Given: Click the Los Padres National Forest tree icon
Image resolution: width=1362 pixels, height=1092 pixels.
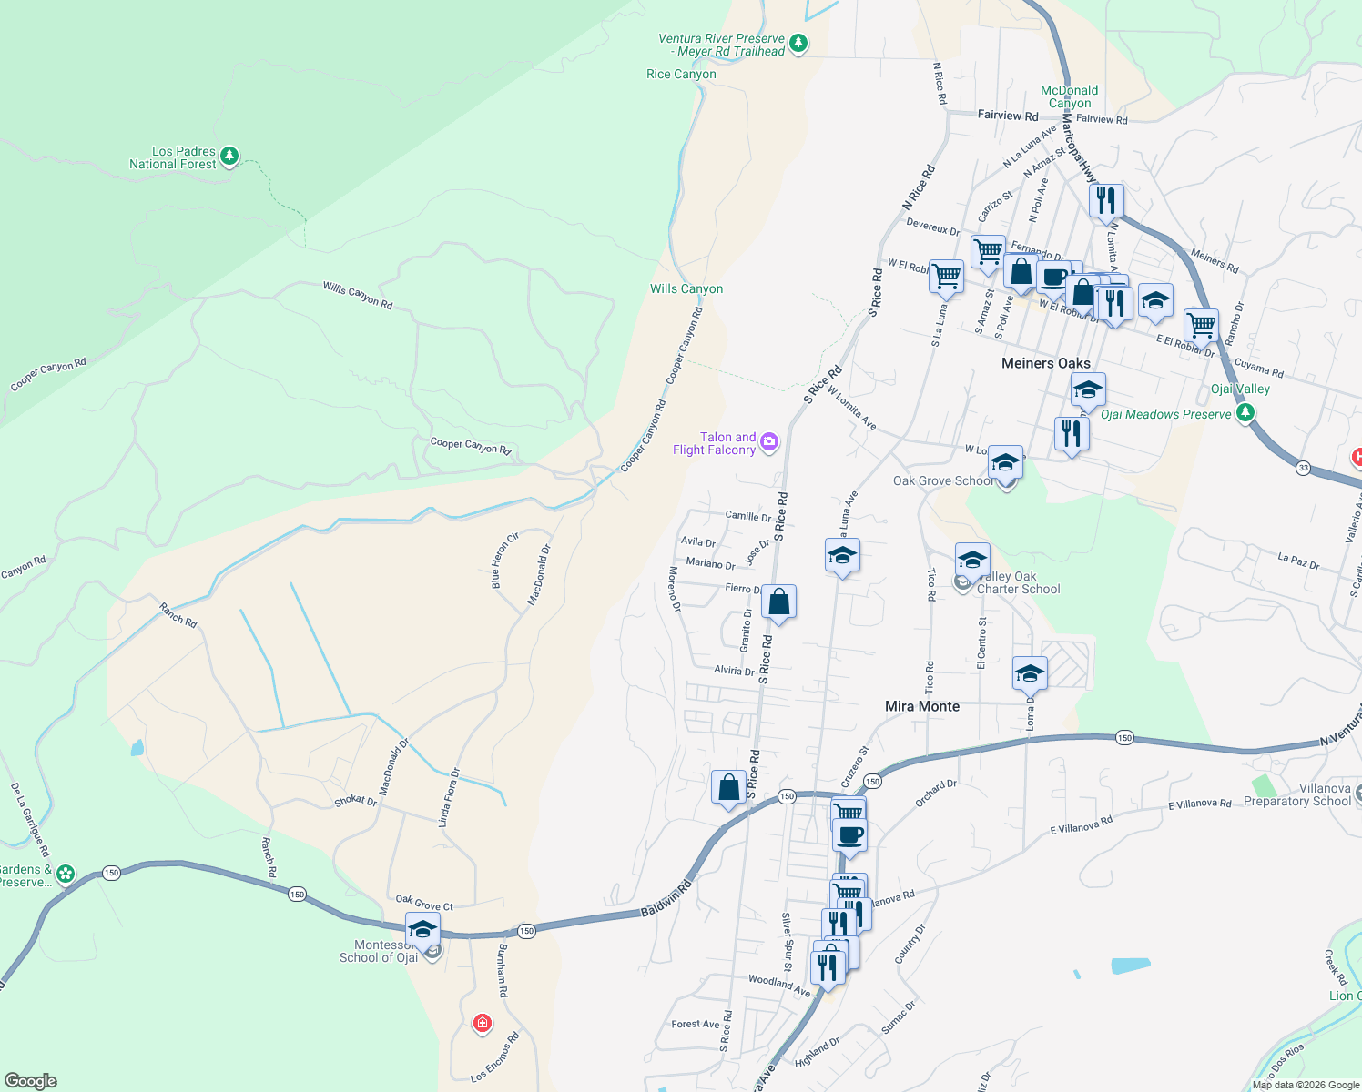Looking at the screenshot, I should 229,156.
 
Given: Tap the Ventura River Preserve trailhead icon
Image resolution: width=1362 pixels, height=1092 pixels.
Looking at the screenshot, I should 798,43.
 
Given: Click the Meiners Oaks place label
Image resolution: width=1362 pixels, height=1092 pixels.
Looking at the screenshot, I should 1045,363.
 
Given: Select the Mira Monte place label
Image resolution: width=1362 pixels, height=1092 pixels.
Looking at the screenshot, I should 922,706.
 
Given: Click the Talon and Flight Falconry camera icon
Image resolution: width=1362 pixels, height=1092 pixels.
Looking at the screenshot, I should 769,442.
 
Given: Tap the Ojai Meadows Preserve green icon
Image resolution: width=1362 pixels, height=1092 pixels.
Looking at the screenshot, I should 1245,413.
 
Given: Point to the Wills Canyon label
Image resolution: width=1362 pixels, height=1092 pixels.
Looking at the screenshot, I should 686,288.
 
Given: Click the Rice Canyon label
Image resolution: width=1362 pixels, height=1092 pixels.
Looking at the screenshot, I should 681,74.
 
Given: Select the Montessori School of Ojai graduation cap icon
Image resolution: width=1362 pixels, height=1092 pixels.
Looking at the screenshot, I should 422,929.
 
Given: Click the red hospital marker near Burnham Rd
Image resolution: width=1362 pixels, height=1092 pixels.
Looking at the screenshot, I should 483,1024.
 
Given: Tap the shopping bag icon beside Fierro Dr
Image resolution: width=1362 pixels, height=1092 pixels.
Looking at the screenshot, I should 778,602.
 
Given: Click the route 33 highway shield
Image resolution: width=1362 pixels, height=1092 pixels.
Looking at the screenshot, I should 1304,468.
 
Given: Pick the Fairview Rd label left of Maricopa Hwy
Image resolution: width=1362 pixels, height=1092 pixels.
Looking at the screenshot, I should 1008,116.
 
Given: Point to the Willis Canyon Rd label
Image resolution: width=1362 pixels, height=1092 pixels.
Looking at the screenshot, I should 358,295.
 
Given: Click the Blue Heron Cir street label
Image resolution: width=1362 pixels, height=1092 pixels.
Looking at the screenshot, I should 504,561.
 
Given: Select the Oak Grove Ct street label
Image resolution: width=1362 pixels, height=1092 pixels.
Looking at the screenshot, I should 424,903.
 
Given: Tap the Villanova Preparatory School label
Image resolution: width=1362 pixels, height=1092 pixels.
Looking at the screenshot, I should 1297,794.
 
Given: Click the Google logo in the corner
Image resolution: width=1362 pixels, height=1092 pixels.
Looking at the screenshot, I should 30,1081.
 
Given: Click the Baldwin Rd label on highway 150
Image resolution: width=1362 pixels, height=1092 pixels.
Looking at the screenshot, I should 666,898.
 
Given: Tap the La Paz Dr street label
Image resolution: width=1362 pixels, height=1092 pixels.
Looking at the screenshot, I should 1298,561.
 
